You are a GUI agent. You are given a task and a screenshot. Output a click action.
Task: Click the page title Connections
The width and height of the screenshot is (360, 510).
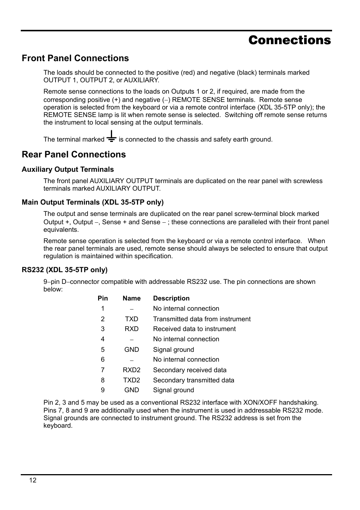[x=289, y=40]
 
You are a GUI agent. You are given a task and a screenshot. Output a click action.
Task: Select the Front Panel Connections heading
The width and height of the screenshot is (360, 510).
[x=75, y=58]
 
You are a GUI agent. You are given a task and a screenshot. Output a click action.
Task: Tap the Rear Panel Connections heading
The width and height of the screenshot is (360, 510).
[x=74, y=154]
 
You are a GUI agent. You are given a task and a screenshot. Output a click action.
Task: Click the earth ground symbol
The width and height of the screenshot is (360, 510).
[x=111, y=136]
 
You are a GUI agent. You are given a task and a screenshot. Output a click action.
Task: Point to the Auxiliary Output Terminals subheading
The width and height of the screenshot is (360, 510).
[x=68, y=169]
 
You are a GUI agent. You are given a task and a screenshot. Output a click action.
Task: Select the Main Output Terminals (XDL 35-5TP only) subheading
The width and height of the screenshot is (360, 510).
[x=92, y=202]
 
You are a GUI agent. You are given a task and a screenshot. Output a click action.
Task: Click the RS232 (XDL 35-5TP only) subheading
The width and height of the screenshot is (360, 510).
[x=65, y=270]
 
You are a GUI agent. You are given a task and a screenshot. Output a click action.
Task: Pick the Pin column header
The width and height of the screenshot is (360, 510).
[x=103, y=298]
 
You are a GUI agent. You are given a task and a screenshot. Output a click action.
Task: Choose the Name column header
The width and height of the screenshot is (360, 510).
[x=131, y=298]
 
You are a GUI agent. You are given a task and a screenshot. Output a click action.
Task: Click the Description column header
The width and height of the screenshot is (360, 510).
[x=171, y=298]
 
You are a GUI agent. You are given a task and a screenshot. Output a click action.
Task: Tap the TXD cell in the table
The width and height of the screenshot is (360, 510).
[x=131, y=319]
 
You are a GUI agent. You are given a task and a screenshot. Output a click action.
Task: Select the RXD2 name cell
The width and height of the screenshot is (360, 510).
[x=131, y=370]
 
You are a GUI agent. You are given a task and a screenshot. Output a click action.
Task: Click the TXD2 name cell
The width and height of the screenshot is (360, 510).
[x=131, y=380]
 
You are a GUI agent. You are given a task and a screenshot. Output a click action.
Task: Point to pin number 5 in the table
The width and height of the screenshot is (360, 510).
[x=103, y=350]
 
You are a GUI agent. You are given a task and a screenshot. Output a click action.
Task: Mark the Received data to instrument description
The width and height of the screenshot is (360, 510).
[x=194, y=329]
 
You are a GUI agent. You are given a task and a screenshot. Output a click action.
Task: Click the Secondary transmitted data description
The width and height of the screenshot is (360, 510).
[x=193, y=380]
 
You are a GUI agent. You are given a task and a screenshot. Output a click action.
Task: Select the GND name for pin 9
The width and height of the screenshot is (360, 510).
[x=131, y=390]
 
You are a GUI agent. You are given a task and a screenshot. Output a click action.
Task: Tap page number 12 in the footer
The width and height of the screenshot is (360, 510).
[x=33, y=480]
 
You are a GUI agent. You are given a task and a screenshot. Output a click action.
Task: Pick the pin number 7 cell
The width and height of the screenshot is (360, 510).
[x=103, y=370]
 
